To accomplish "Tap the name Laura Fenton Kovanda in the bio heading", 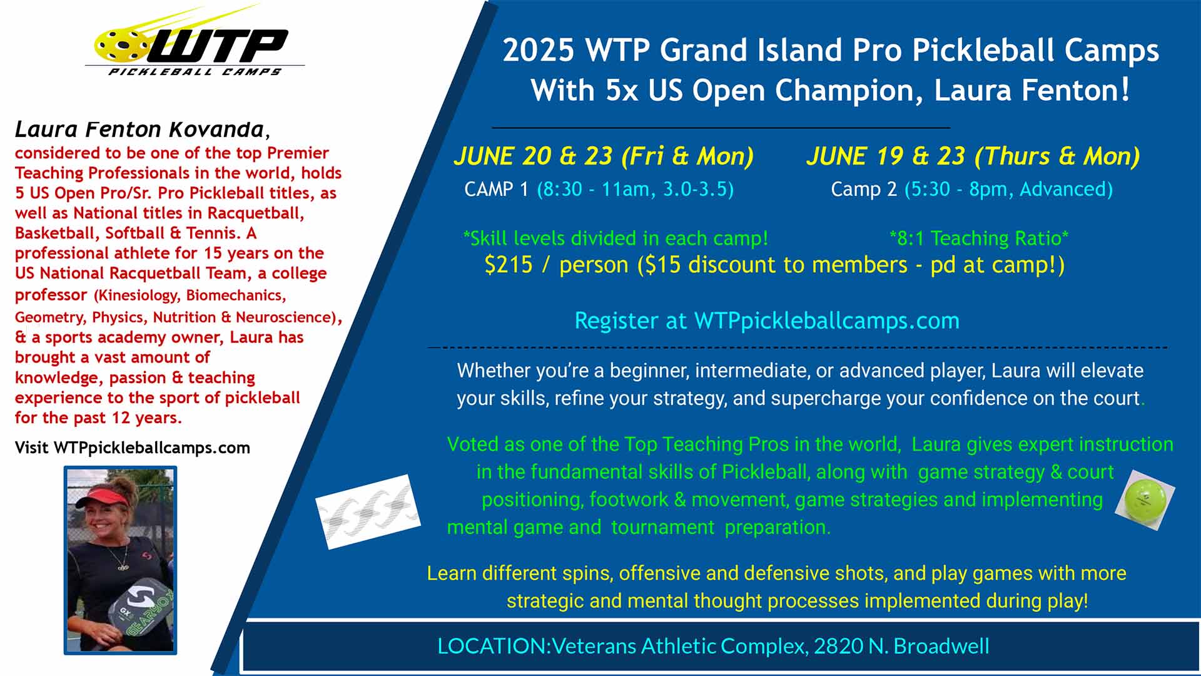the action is click(x=139, y=129).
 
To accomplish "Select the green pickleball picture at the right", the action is click(x=1145, y=500).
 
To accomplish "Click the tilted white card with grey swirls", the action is click(x=368, y=512).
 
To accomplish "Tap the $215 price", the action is click(x=509, y=265).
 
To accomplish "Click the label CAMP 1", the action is click(x=497, y=189).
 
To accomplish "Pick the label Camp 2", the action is click(x=864, y=189).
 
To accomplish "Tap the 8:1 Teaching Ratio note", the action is click(x=979, y=238).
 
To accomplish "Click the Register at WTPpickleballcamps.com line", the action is click(x=767, y=320).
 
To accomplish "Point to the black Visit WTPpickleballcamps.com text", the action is click(x=133, y=448).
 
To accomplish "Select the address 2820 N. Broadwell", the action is click(x=901, y=646).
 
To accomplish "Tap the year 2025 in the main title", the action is click(x=539, y=50).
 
